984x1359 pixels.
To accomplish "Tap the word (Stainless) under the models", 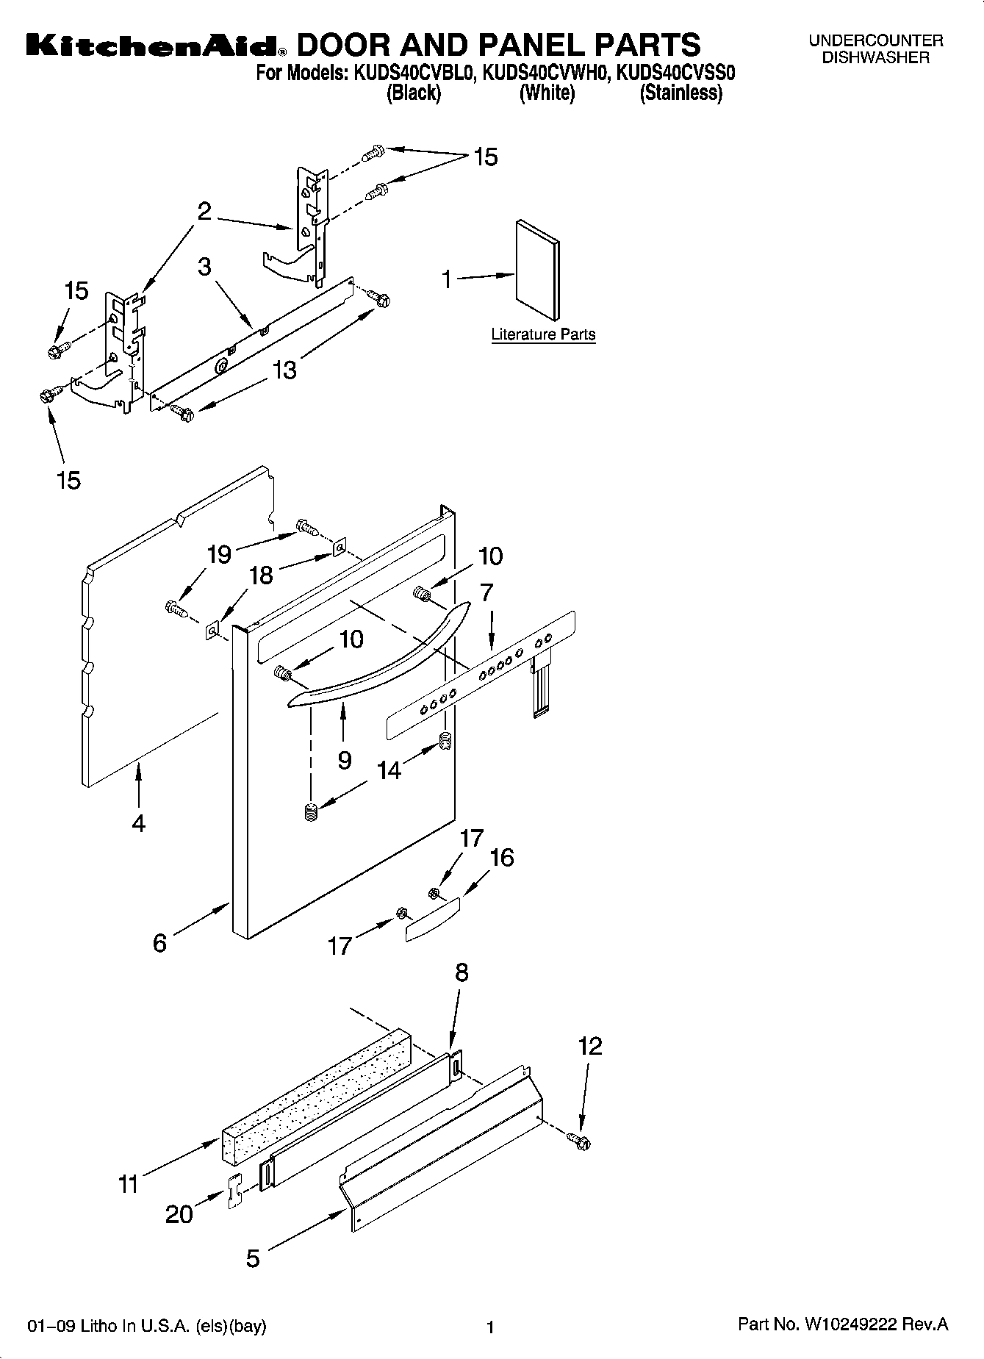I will point(680,93).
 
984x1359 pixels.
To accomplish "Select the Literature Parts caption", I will point(543,335).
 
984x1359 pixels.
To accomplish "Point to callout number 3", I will point(204,267).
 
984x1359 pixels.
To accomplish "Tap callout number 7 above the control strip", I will point(486,592).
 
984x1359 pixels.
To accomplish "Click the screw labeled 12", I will point(580,1141).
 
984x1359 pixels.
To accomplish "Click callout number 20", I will point(179,1213).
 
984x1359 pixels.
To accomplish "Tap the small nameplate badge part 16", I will point(432,918).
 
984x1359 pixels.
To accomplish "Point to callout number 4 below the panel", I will point(138,823).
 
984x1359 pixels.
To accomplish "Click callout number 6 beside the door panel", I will point(160,942).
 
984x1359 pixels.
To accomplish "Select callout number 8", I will point(461,972).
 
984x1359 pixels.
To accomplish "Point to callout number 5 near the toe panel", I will point(252,1259).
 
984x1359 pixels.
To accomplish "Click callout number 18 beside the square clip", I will point(261,575).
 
